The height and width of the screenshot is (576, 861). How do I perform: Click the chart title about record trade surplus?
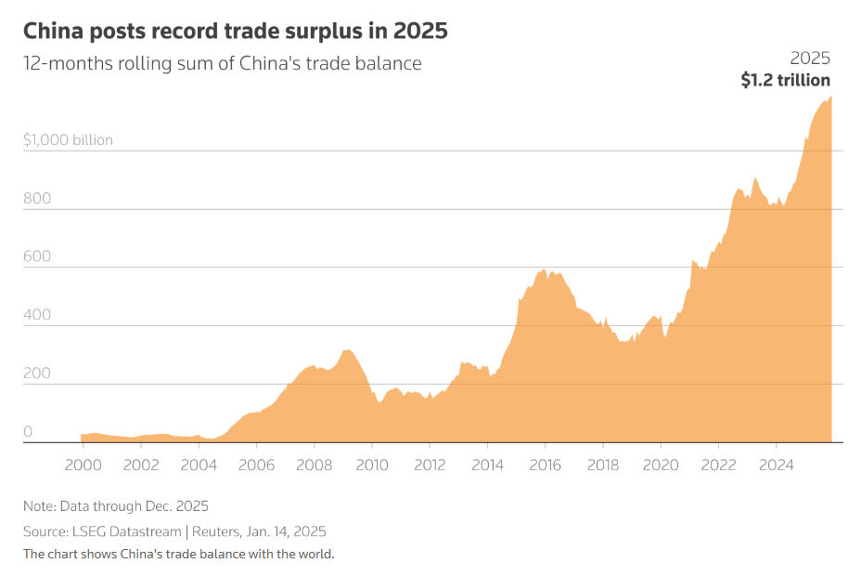(x=235, y=31)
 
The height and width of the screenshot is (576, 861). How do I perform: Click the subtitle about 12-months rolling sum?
(x=222, y=63)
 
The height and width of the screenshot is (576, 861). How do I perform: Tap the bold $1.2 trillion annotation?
(x=785, y=80)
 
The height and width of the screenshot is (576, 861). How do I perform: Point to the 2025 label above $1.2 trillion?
(x=810, y=58)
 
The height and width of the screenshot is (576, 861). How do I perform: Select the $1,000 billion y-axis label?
(x=68, y=140)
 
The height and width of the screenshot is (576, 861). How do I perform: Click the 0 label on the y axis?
(x=28, y=431)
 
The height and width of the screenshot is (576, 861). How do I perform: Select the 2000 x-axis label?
(x=83, y=465)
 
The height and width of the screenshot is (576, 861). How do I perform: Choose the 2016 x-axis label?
(x=545, y=465)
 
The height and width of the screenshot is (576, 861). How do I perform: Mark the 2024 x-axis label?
(x=776, y=465)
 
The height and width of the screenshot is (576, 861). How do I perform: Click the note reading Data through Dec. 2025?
(x=116, y=506)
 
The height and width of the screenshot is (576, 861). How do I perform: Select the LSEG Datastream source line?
(x=174, y=531)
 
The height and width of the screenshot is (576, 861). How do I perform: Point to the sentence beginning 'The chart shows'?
(x=178, y=554)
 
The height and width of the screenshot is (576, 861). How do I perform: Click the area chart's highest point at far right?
(x=830, y=97)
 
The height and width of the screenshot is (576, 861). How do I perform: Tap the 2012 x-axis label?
(x=429, y=465)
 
